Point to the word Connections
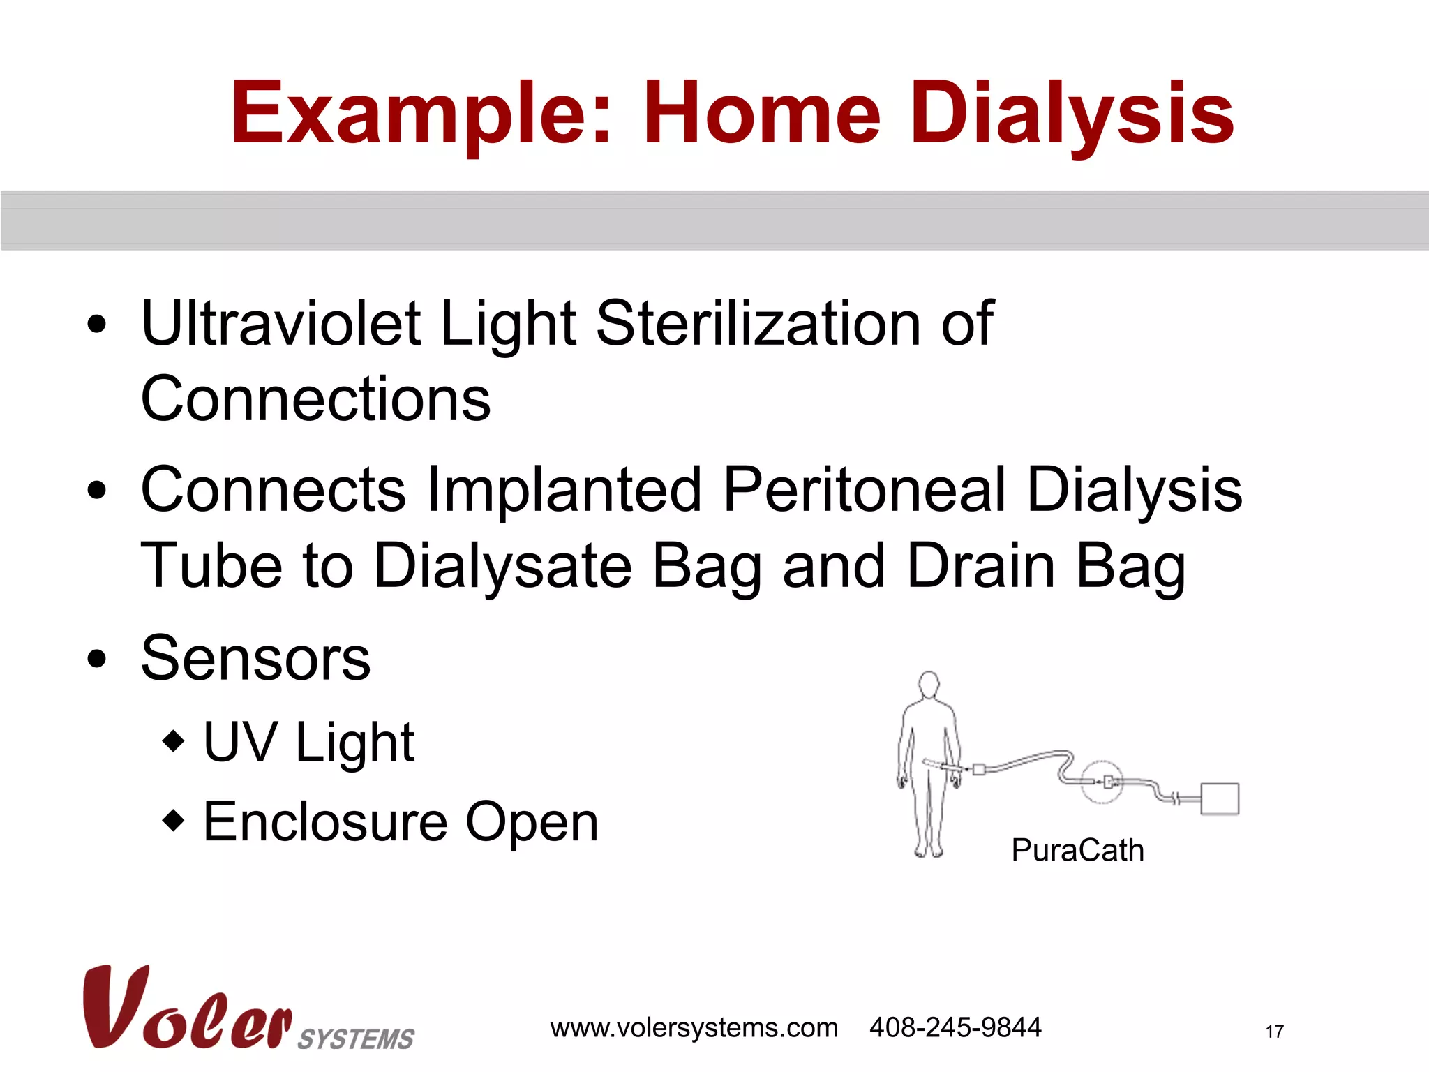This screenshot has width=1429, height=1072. coord(315,399)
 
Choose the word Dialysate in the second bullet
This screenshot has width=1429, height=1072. coord(502,566)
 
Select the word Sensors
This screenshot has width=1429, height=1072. coord(255,659)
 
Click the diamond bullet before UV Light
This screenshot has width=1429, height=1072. coord(173,740)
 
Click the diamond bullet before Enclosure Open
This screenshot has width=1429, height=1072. coord(173,820)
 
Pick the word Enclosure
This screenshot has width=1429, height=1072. coord(325,822)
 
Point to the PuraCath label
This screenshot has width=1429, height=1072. coord(1077,851)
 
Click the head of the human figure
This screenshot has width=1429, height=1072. coord(929,684)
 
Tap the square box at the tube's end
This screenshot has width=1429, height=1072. coord(1220,798)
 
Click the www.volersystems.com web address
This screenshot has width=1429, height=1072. coord(694,1028)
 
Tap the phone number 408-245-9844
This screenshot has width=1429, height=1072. coord(955,1028)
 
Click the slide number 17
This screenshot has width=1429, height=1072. coord(1274,1032)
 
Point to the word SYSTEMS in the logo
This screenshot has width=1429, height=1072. coord(356,1039)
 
